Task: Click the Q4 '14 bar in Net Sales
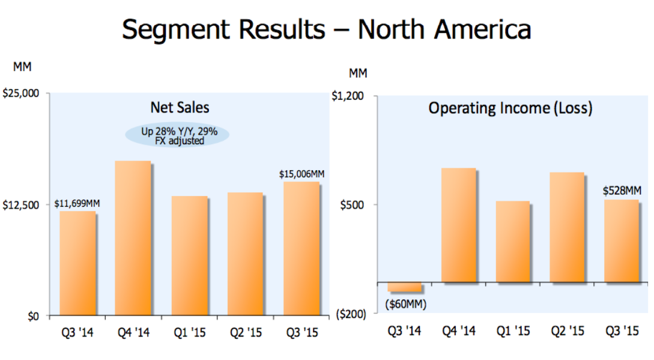click(x=133, y=238)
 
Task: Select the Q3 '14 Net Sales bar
click(x=77, y=263)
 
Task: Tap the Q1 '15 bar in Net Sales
click(x=189, y=255)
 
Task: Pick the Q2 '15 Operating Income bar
click(x=567, y=227)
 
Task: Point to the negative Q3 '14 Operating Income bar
click(x=404, y=287)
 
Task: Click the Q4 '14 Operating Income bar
click(x=458, y=225)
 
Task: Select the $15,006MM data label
click(x=301, y=174)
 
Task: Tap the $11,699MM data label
click(x=77, y=204)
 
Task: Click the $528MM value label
click(x=622, y=191)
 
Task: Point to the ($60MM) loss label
click(x=405, y=304)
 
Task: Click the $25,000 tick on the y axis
click(x=21, y=94)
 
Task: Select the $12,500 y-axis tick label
click(x=21, y=205)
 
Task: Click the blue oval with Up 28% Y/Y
click(x=178, y=136)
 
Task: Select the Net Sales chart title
click(x=180, y=108)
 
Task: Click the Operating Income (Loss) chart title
click(x=510, y=108)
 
